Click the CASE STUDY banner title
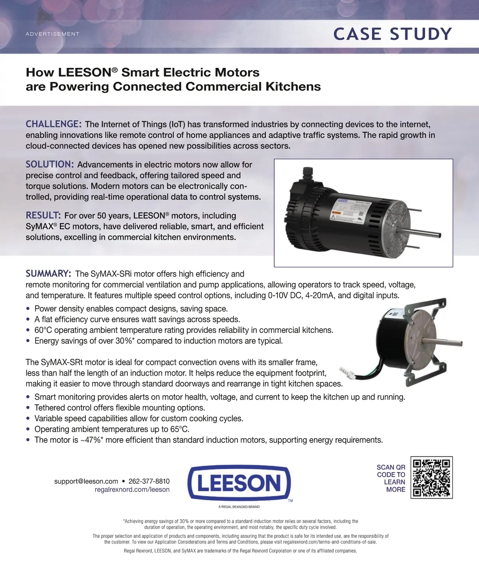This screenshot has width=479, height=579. point(392,34)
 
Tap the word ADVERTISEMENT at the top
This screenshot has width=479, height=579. point(52,34)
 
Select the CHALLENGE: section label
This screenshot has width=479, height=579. point(54,124)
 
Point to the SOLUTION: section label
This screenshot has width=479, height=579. point(50,164)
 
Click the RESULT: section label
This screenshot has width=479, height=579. point(43,215)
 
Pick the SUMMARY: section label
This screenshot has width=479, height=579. point(49,274)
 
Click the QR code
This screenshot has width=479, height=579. point(431,478)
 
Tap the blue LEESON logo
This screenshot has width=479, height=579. point(239,483)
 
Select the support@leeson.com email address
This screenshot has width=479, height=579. point(86,481)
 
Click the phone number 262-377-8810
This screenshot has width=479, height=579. point(149,481)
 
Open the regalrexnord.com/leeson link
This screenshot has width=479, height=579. point(132,490)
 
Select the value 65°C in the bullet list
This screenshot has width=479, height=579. point(180,429)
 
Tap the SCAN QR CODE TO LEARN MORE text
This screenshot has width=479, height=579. point(391,478)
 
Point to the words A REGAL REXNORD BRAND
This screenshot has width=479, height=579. point(239,507)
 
